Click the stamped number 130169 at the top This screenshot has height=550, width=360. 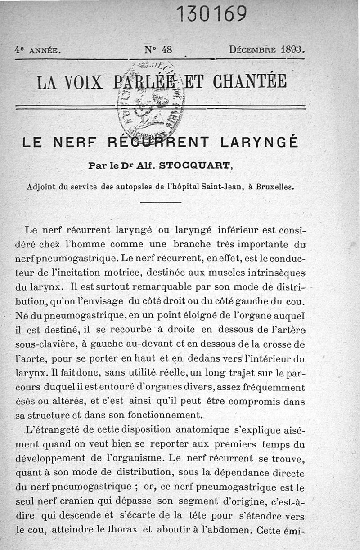click(x=212, y=14)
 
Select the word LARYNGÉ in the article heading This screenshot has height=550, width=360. click(x=260, y=143)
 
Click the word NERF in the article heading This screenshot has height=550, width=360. click(x=75, y=143)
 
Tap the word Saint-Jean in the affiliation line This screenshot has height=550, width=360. click(x=220, y=186)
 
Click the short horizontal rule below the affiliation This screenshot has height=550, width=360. click(x=160, y=203)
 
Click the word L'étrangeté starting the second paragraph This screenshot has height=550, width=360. click(x=52, y=429)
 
